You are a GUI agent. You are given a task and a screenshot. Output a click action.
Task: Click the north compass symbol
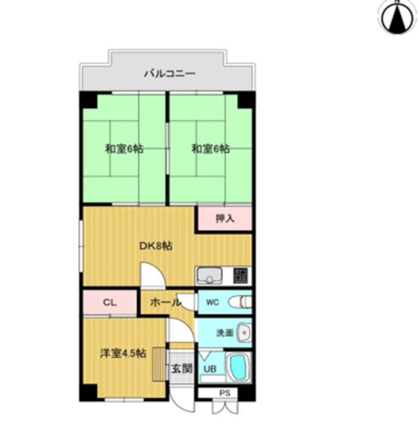pyautogui.click(x=397, y=17)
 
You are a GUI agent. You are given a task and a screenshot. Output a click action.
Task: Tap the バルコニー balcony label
pyautogui.click(x=170, y=73)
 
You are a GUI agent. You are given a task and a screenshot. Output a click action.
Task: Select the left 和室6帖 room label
pyautogui.click(x=124, y=149)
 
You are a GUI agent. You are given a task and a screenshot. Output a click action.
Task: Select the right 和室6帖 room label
pyautogui.click(x=210, y=149)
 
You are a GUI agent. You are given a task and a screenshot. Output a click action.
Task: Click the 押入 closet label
pyautogui.click(x=225, y=218)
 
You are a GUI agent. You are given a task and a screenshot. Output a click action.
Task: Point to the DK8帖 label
pyautogui.click(x=156, y=246)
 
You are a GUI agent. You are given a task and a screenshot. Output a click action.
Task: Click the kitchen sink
pyautogui.click(x=210, y=276)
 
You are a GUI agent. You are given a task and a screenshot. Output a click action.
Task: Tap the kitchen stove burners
pyautogui.click(x=241, y=276)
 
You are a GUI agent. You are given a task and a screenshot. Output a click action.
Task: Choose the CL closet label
pyautogui.click(x=109, y=303)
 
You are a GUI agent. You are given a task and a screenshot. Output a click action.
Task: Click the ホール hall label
pyautogui.click(x=166, y=303)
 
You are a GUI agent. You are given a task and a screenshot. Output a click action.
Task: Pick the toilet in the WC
pyautogui.click(x=240, y=303)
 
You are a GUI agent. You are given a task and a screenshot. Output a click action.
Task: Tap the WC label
pyautogui.click(x=213, y=303)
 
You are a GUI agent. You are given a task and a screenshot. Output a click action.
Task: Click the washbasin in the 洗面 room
pyautogui.click(x=244, y=333)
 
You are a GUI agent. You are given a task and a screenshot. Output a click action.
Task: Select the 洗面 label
pyautogui.click(x=225, y=333)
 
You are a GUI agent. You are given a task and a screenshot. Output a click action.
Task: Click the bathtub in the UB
pyautogui.click(x=238, y=368)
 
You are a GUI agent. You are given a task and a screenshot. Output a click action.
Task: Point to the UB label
pyautogui.click(x=210, y=369)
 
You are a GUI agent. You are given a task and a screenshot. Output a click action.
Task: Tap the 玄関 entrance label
pyautogui.click(x=182, y=369)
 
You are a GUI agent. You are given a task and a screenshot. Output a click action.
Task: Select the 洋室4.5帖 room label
pyautogui.click(x=123, y=353)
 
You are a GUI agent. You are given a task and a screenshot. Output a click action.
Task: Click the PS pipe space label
pyautogui.click(x=225, y=393)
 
